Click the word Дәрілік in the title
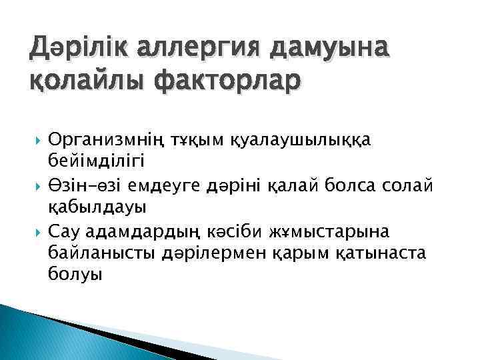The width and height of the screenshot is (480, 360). point(74,47)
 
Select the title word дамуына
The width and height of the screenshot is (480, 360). point(332,47)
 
